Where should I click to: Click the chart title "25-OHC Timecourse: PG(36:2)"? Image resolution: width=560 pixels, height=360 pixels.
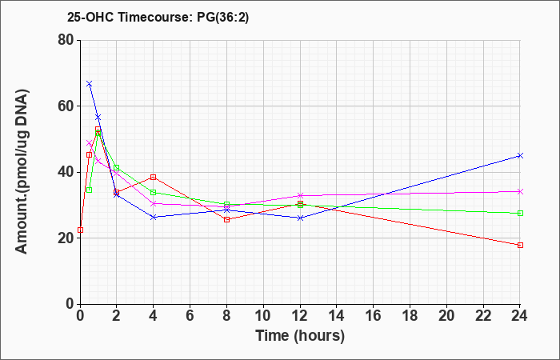(x=158, y=17)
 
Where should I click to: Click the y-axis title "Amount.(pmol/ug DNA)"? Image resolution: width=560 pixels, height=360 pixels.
(x=22, y=172)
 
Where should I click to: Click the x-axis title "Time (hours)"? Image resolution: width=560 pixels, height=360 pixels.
(x=300, y=336)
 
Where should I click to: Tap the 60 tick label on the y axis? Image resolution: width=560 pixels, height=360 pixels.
(x=66, y=106)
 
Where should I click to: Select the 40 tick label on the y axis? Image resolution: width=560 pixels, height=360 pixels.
(x=66, y=172)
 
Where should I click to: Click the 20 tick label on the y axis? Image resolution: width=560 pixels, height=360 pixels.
(x=66, y=238)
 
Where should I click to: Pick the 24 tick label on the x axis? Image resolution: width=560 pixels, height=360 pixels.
(x=520, y=316)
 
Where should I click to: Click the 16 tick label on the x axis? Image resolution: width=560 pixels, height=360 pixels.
(x=374, y=316)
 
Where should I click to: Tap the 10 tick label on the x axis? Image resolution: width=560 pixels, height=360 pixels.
(x=263, y=316)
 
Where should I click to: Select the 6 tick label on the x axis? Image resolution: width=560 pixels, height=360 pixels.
(x=190, y=316)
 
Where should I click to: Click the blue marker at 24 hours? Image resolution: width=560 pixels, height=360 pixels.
(x=520, y=155)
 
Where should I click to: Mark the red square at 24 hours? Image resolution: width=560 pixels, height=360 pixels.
(x=520, y=245)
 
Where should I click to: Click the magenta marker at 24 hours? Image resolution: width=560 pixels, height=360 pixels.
(x=520, y=191)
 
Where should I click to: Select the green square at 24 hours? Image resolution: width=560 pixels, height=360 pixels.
(x=520, y=214)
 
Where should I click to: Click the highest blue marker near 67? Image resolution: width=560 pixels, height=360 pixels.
(x=90, y=83)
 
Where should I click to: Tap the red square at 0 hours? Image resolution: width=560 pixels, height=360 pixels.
(x=80, y=230)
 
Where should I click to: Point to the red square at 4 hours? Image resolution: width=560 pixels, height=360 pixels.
(x=154, y=177)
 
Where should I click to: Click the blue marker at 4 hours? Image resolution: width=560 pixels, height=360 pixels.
(x=154, y=217)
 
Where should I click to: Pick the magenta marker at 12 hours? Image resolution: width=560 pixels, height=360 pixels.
(x=300, y=195)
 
